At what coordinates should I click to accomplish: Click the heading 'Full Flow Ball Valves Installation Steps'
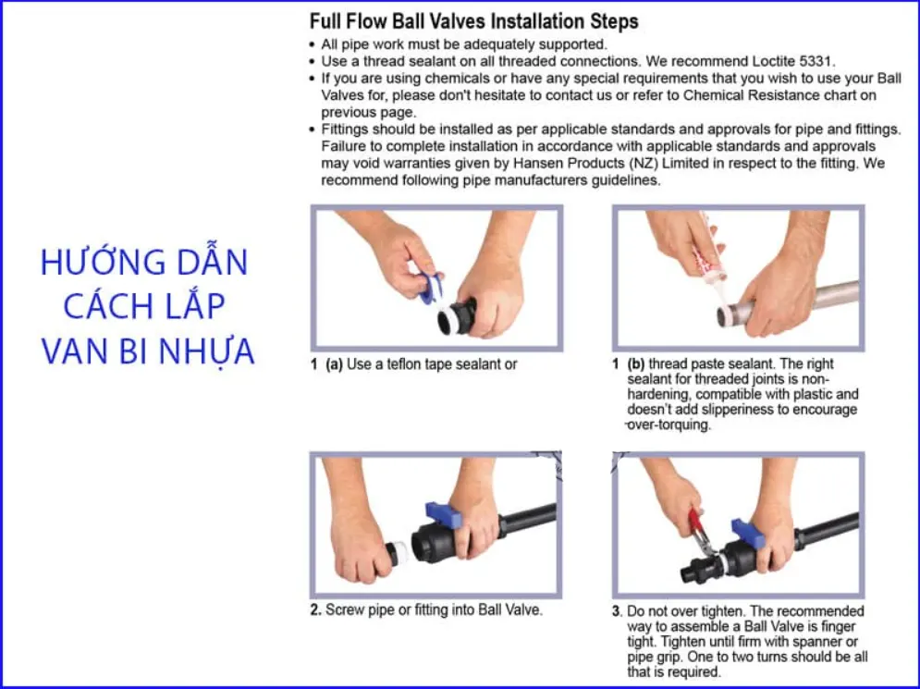473,21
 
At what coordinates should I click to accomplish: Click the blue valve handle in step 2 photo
444,515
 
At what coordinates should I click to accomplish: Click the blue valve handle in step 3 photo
747,532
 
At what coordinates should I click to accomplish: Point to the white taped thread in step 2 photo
400,553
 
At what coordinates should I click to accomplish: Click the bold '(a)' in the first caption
334,364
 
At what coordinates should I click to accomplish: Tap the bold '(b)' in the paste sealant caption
636,364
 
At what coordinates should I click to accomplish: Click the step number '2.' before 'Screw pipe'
315,610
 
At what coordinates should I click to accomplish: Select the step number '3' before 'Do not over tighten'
616,611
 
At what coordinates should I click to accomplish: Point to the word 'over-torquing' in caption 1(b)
669,424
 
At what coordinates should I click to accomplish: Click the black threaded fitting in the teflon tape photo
457,317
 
